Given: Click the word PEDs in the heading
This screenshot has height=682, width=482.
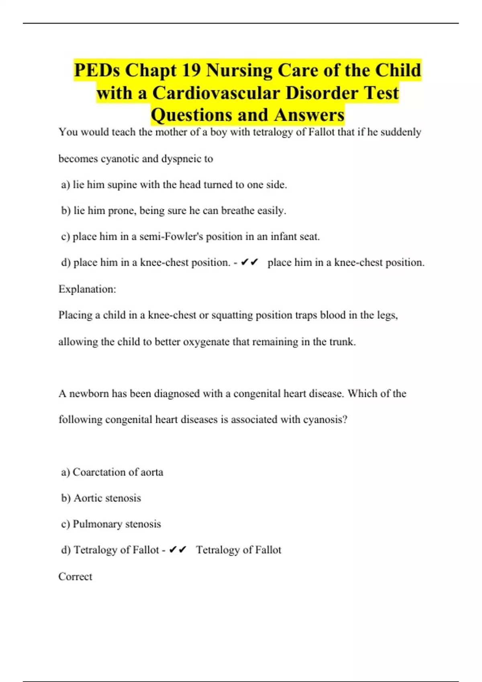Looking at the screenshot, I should coord(97,71).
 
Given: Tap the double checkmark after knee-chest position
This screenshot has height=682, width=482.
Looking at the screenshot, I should coord(249,262).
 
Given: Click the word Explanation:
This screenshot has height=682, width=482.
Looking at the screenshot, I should coord(87,289).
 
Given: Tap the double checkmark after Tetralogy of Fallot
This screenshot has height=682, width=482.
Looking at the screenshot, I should coord(178,550).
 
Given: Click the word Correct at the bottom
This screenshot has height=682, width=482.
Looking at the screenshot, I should coord(75,576).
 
